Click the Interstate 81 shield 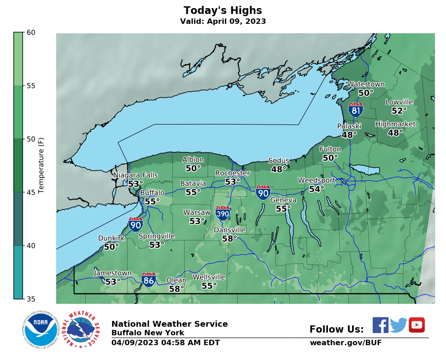pos(355,110)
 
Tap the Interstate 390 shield pos(223,213)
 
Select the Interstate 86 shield pos(149,280)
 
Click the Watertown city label pos(366,84)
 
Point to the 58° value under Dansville pos(229,239)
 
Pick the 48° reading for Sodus pos(278,169)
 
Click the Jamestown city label pos(113,273)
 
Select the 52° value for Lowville pos(399,111)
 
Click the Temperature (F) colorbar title pos(41,165)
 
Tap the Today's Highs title pos(223,10)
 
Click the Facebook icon pos(380,325)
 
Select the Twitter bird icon pos(398,325)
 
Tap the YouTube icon pos(416,325)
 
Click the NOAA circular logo pos(40,330)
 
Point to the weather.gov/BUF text pos(345,343)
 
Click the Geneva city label pos(283,200)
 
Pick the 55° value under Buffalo pos(152,202)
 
